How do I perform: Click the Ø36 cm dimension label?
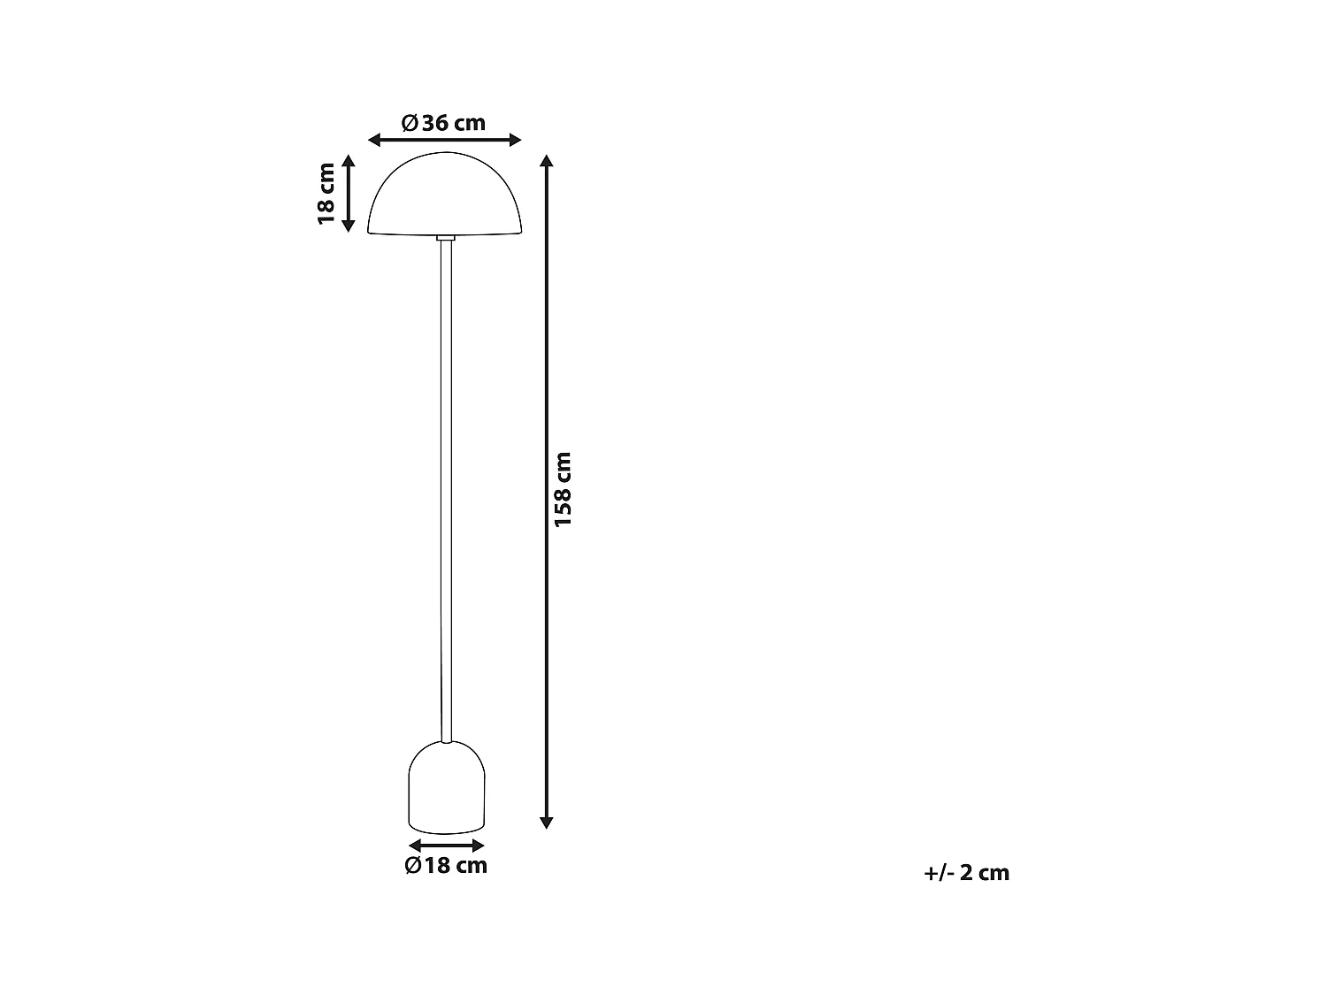point(444,123)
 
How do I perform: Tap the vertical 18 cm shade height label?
point(326,193)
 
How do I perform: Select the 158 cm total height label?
point(563,489)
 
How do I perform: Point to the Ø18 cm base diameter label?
point(446,865)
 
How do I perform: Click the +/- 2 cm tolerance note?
point(966,873)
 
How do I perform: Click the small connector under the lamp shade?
point(446,238)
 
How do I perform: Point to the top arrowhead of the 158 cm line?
point(547,161)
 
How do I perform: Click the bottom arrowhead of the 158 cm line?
point(547,822)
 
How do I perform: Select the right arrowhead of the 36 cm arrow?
point(515,140)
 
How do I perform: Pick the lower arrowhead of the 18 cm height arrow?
point(349,226)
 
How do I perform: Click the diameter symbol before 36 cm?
point(410,123)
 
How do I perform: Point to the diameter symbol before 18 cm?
point(413,865)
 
